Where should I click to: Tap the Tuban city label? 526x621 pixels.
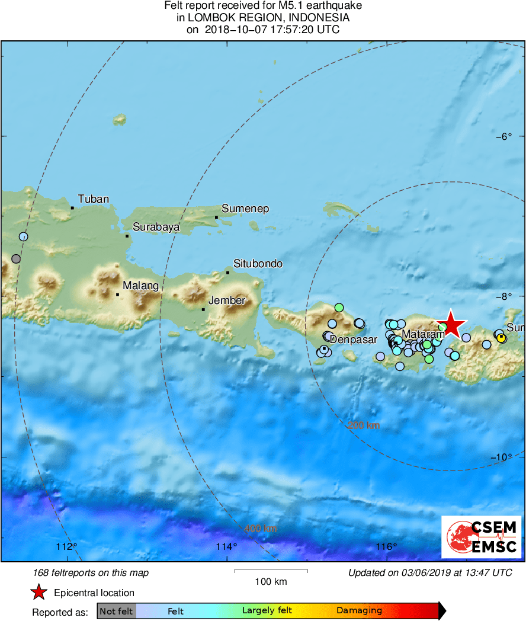point(94,199)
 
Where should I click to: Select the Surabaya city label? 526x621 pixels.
point(156,227)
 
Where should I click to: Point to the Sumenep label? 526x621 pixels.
point(245,209)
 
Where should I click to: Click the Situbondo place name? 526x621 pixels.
point(258,264)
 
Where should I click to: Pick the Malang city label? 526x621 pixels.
point(141,286)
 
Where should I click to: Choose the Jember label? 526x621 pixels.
point(227,300)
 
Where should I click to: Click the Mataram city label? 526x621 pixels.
point(423,335)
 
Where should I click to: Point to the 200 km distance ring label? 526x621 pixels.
point(364,425)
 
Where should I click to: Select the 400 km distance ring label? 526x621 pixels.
point(261,529)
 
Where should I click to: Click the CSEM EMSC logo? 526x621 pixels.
point(481,537)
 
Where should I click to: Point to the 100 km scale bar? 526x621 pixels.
point(271,571)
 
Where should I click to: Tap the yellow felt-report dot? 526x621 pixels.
point(501,338)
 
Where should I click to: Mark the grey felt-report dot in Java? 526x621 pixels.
point(16,259)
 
